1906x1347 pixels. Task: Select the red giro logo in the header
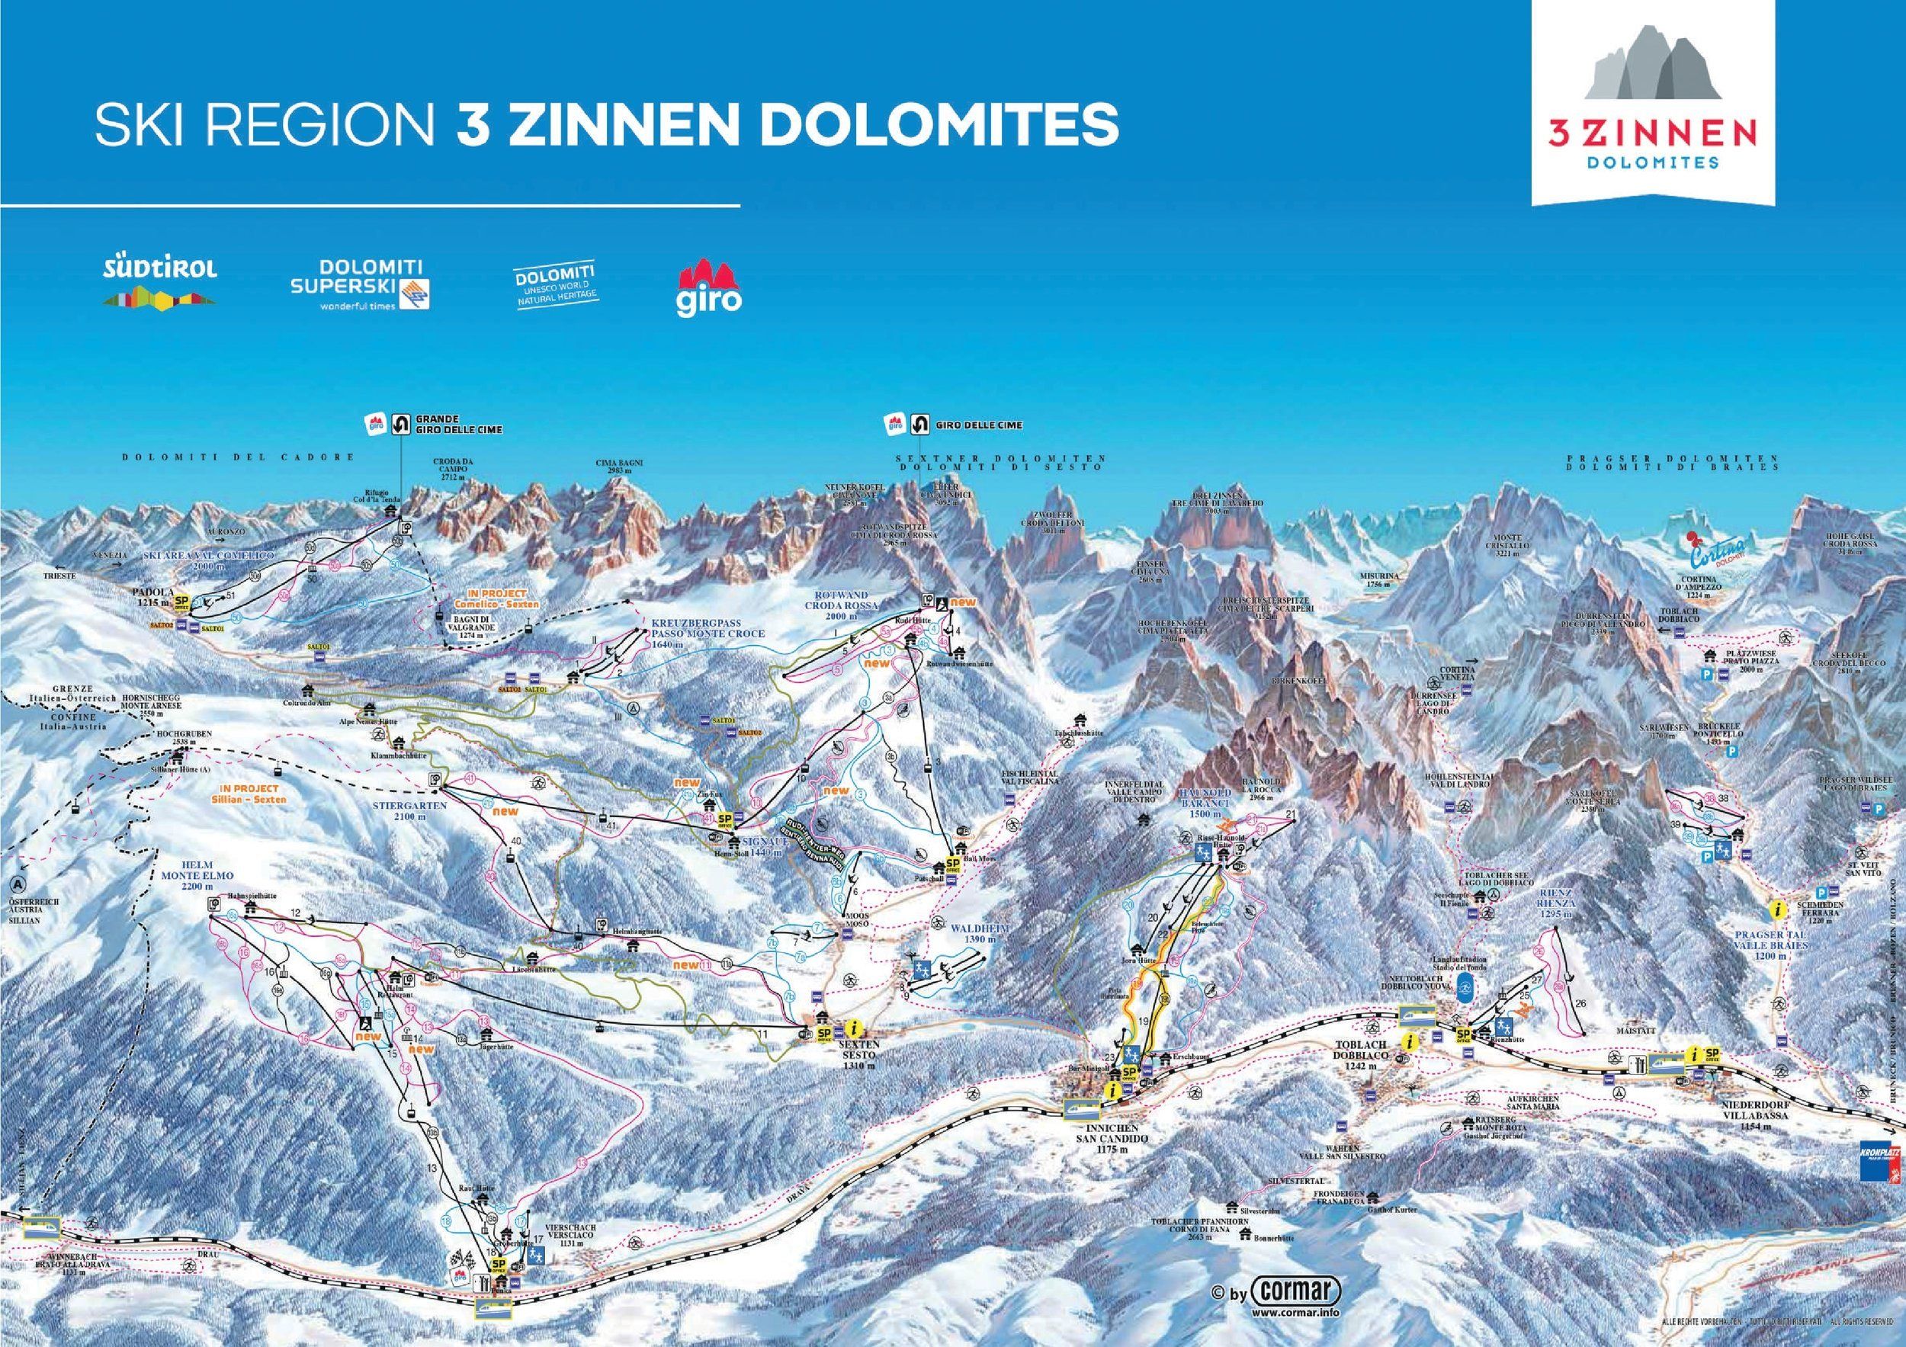709,286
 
